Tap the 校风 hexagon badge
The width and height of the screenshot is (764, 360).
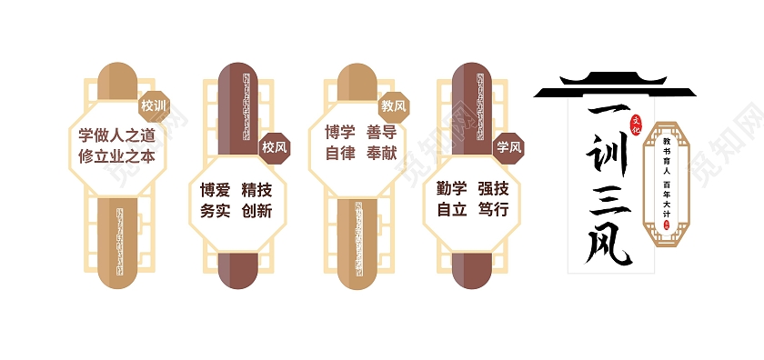click(x=274, y=146)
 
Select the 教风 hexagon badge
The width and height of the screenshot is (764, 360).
click(x=394, y=106)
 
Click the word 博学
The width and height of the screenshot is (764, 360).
click(x=340, y=133)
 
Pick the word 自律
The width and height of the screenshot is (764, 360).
click(x=340, y=154)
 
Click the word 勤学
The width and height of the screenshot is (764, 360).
click(x=452, y=189)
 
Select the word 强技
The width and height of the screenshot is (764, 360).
click(x=493, y=189)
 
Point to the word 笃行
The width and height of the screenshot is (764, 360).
click(x=493, y=210)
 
